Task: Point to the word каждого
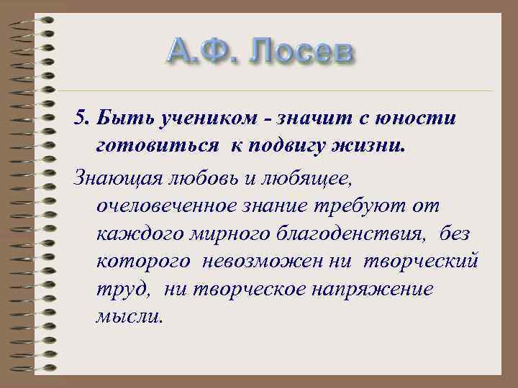coord(132,236)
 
